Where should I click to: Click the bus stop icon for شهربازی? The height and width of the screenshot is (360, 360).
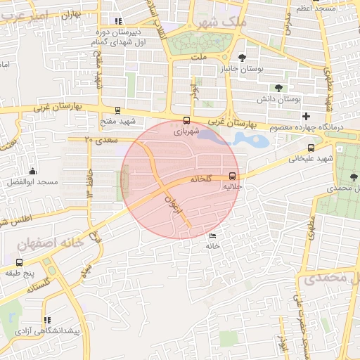186,120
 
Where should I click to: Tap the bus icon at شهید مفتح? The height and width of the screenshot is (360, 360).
117,110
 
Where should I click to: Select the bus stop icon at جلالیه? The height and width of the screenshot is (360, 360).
232,177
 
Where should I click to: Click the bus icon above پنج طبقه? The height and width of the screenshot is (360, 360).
19,262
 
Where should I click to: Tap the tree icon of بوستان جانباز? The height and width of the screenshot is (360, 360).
243,58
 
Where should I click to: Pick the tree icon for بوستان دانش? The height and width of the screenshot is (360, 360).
279,88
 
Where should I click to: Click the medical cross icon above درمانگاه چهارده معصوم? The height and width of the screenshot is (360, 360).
306,115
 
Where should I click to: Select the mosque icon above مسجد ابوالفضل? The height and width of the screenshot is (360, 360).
33,171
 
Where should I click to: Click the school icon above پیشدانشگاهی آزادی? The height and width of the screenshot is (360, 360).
47,320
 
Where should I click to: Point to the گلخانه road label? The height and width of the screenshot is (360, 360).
200,179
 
